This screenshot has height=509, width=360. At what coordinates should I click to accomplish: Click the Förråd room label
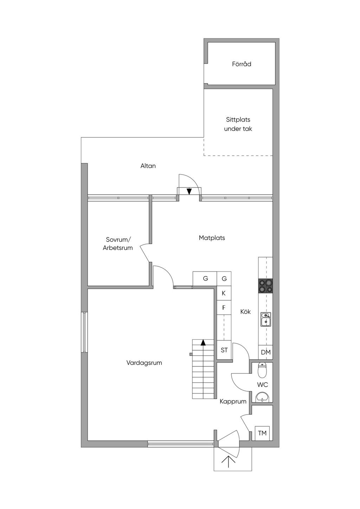[x=242, y=64]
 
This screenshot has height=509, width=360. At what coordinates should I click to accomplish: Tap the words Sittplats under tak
[x=238, y=124]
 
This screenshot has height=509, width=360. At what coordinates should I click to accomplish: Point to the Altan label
[x=148, y=166]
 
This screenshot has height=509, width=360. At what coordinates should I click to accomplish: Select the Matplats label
[x=212, y=238]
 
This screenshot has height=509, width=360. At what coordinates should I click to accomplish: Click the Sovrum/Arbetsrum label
[x=118, y=243]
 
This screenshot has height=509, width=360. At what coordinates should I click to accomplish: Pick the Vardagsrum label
[x=144, y=363]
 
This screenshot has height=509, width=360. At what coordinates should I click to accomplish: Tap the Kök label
[x=245, y=312]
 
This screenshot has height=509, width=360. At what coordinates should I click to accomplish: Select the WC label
[x=262, y=385]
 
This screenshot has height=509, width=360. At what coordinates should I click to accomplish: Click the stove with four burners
[x=265, y=286]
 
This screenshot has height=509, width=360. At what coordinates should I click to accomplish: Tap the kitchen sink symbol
[x=266, y=319]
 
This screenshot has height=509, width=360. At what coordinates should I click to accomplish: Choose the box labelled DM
[x=265, y=352]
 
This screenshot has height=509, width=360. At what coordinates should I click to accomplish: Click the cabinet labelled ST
[x=224, y=350]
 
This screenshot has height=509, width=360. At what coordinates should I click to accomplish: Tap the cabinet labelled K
[x=224, y=293]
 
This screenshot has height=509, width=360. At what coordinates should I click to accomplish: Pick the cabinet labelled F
[x=224, y=307]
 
